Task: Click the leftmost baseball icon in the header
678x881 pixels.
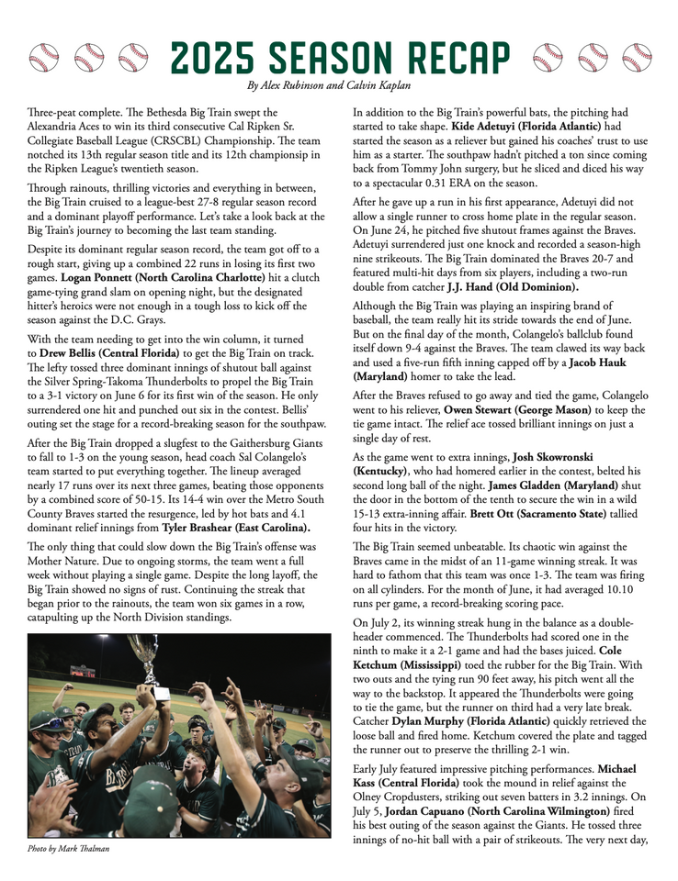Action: (44, 58)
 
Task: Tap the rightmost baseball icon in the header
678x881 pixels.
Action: (636, 58)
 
